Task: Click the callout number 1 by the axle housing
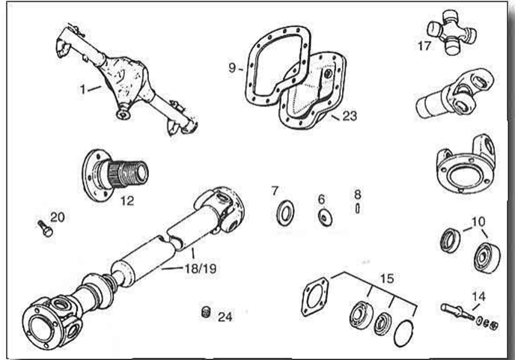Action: pyautogui.click(x=84, y=89)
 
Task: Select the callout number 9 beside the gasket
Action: pyautogui.click(x=233, y=67)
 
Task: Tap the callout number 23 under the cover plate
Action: pyautogui.click(x=349, y=116)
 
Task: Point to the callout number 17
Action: pyautogui.click(x=425, y=45)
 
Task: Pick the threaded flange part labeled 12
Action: pyautogui.click(x=119, y=173)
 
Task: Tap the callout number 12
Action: pyautogui.click(x=127, y=201)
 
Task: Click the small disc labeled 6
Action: pyautogui.click(x=323, y=217)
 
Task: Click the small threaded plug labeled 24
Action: pyautogui.click(x=204, y=312)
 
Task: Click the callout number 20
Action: pyautogui.click(x=58, y=217)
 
